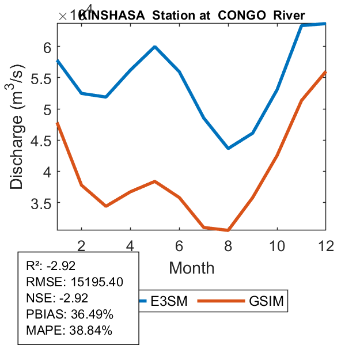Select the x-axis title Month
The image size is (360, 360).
pos(191,268)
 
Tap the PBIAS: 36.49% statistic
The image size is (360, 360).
pos(70,314)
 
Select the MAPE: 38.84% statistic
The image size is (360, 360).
pos(69,331)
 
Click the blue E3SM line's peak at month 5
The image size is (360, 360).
pos(155,47)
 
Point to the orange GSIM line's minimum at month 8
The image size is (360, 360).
pos(228,230)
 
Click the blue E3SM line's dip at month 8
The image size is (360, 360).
pos(228,148)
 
